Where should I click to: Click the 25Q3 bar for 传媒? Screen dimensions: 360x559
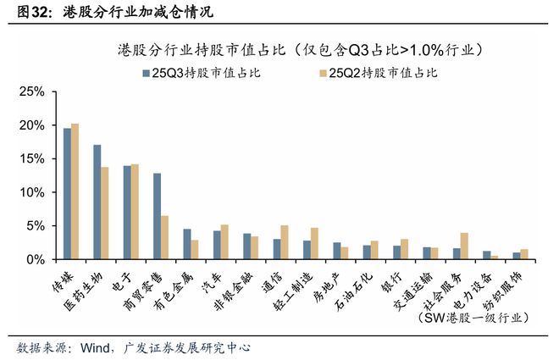pos(67,194)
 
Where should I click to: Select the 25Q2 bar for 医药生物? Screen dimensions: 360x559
pos(105,213)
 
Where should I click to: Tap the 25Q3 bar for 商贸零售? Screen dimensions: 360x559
pos(157,216)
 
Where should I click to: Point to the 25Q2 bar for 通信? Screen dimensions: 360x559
pos(284,242)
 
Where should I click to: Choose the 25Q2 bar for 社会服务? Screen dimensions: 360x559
pos(464,246)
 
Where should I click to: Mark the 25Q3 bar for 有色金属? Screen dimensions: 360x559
pos(187,244)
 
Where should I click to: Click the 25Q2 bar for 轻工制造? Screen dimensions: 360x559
pos(314,243)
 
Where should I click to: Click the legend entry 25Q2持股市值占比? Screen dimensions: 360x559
pos(384,73)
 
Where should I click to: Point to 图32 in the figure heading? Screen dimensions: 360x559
pos(25,12)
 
